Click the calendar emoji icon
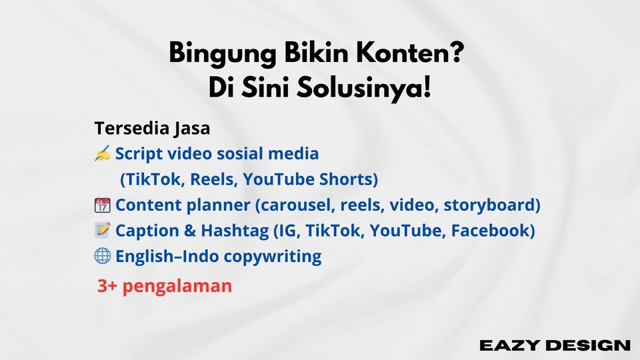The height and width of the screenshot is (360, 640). (103, 205)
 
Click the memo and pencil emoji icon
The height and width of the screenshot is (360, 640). (103, 231)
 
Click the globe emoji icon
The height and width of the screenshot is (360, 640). (103, 256)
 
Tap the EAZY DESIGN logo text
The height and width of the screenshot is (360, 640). (555, 345)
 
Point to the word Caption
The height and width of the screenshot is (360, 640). (147, 231)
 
